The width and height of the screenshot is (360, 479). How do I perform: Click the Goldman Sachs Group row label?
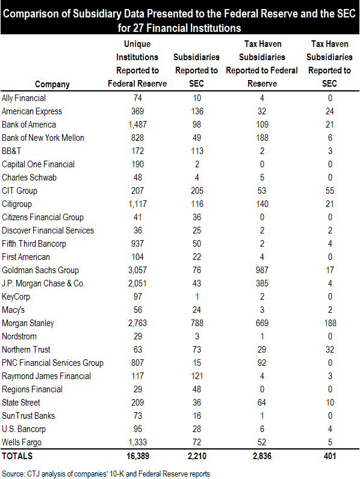pos(40,270)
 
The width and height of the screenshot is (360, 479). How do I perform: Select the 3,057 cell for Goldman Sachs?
pos(137,270)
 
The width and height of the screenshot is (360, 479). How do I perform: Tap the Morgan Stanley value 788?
pos(197,323)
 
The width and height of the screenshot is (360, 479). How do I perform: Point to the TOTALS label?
pos(17,456)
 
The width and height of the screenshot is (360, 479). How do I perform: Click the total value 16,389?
pos(138,456)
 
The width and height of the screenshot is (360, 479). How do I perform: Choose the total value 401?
pos(330,456)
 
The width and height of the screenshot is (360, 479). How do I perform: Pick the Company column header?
pos(52,84)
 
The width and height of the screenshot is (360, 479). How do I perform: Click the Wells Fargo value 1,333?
pos(137,442)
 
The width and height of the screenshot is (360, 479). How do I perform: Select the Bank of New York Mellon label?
pos(43,138)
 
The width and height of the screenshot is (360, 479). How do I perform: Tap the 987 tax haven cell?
pos(262,270)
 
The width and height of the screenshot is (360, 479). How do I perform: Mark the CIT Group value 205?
pos(197,191)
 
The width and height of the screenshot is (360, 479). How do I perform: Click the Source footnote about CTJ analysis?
pos(106,474)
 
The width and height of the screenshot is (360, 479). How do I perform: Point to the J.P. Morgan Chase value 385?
pos(262,283)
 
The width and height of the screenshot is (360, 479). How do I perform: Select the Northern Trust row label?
pos(26,350)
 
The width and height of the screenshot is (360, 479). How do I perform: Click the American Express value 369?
pos(137,111)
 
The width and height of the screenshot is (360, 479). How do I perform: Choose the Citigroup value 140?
pos(262,204)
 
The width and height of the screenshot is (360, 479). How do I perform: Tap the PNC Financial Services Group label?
pos(52,363)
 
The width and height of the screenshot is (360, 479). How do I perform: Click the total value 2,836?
pos(262,456)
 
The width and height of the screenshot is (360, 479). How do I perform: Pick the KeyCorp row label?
pos(16,297)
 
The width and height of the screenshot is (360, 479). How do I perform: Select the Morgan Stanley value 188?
pos(330,323)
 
